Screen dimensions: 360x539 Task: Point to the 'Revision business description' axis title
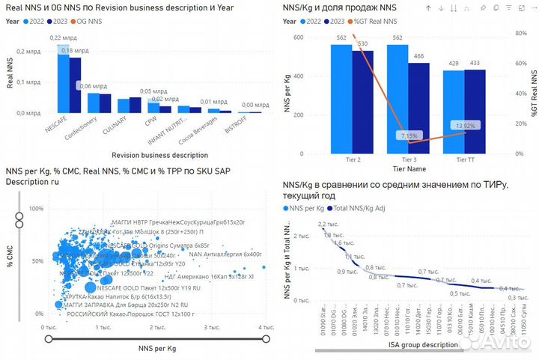(x=159, y=155)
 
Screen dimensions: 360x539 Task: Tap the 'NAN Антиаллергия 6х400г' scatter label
(x=225, y=254)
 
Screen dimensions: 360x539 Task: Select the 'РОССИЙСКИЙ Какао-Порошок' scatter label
(x=114, y=314)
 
